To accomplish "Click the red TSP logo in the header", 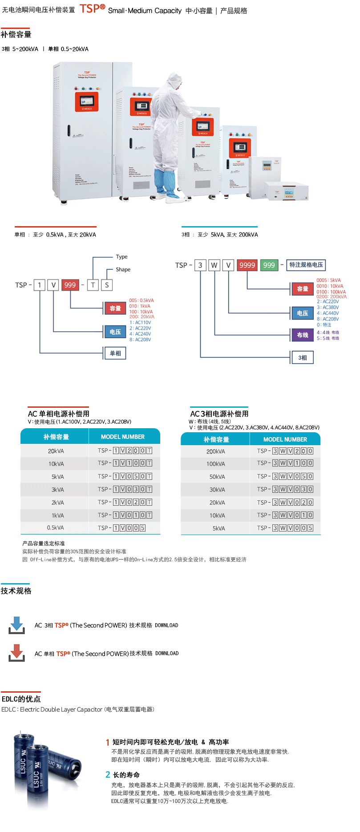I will pyautogui.click(x=92, y=8).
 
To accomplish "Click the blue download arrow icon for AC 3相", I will pyautogui.click(x=17, y=625).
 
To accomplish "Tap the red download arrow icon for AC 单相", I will pyautogui.click(x=17, y=653).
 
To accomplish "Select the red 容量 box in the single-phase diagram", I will pyautogui.click(x=115, y=308).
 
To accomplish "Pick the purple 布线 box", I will pyautogui.click(x=303, y=335).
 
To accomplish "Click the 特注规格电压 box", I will pyautogui.click(x=306, y=265).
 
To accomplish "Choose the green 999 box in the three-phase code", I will pyautogui.click(x=269, y=265).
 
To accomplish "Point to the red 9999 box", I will pyautogui.click(x=247, y=265).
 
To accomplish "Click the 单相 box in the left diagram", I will pyautogui.click(x=115, y=353).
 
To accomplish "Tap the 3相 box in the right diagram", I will pyautogui.click(x=303, y=357).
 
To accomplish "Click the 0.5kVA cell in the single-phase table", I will pyautogui.click(x=56, y=528).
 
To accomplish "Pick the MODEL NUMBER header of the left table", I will pyautogui.click(x=123, y=437).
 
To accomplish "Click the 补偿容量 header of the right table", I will pyautogui.click(x=216, y=439).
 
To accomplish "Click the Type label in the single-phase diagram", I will pyautogui.click(x=121, y=257).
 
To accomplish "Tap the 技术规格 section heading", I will pyautogui.click(x=16, y=591).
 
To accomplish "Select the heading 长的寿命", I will pyautogui.click(x=126, y=775).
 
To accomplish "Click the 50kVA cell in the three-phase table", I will pyautogui.click(x=217, y=477).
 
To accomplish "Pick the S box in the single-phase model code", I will pyautogui.click(x=107, y=285).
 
